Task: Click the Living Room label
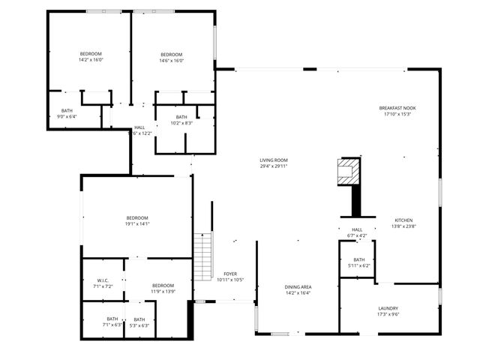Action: pos(274,160)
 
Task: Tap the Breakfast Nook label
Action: pos(397,108)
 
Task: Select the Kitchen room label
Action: pos(403,220)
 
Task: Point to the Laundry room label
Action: pos(388,308)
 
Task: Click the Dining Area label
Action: pos(298,287)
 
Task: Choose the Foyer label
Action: pos(230,274)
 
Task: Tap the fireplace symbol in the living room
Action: pos(348,172)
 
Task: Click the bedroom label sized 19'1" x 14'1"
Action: pos(137,217)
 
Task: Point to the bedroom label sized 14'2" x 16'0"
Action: pos(91,54)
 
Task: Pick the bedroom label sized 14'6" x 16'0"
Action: pos(172,54)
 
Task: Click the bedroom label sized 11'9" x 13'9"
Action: pos(163,286)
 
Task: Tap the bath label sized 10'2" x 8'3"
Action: pos(181,117)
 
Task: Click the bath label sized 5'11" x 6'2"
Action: pos(359,260)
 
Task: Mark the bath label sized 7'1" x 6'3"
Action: pos(112,319)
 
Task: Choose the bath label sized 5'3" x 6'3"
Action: pos(139,319)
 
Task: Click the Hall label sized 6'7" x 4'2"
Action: pos(357,230)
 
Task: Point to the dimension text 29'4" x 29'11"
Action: pos(274,166)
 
